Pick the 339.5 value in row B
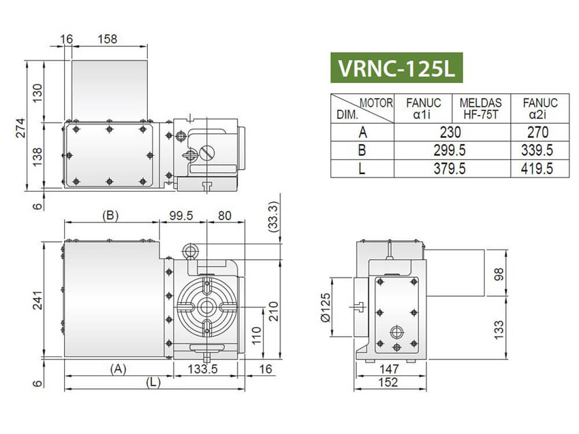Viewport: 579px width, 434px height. pyautogui.click(x=539, y=150)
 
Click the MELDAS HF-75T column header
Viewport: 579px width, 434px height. pyautogui.click(x=481, y=108)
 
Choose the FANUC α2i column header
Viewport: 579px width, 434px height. pyautogui.click(x=539, y=108)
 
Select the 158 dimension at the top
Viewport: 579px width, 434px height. pyautogui.click(x=108, y=39)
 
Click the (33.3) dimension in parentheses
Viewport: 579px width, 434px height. pyautogui.click(x=274, y=219)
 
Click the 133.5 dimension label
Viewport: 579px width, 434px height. pyautogui.click(x=202, y=369)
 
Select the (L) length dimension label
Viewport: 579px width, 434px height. pyautogui.click(x=153, y=383)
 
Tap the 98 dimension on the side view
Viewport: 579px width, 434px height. pyautogui.click(x=498, y=273)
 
